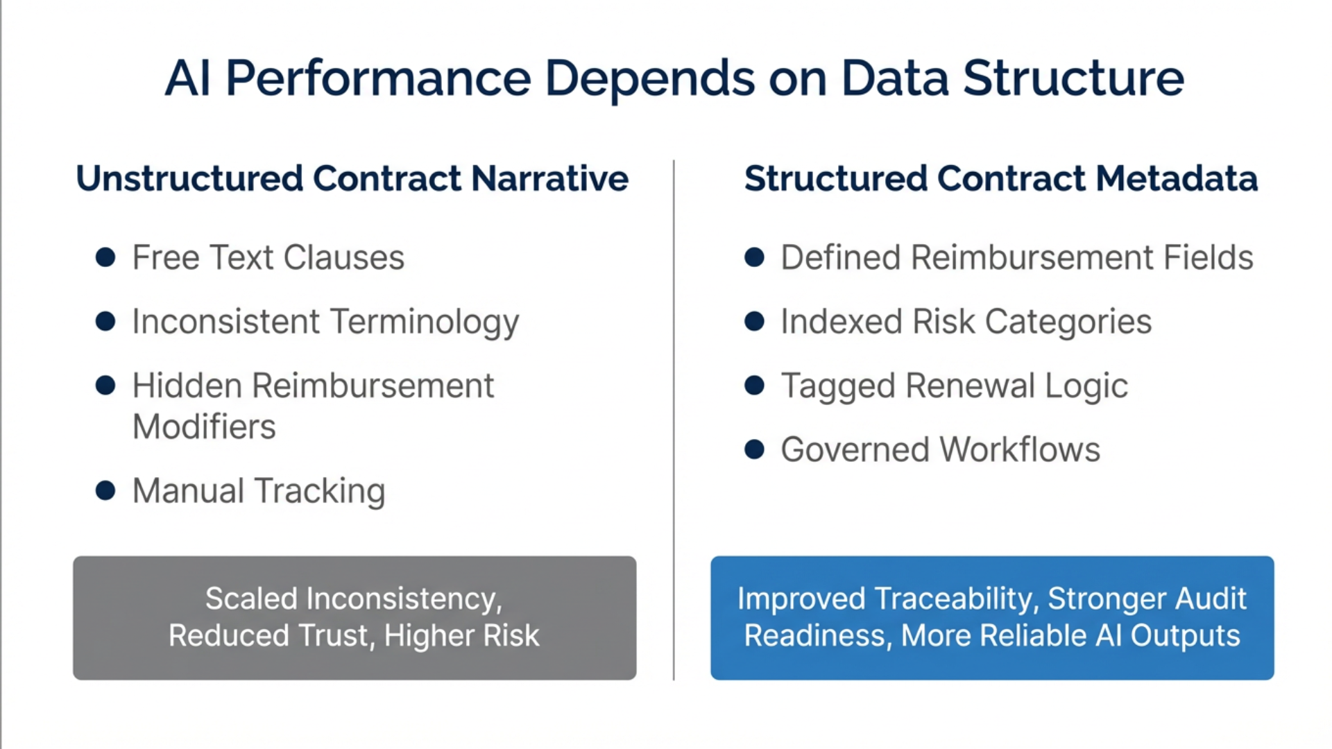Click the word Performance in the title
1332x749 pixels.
(x=378, y=78)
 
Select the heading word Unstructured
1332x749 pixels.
(x=189, y=178)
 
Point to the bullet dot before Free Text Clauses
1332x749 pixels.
(x=105, y=257)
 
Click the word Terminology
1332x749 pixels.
(x=424, y=322)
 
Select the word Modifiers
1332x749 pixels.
(x=204, y=427)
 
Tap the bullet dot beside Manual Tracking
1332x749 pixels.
(x=105, y=490)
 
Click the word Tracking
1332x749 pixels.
(x=319, y=491)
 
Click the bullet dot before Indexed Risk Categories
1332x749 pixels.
(x=754, y=322)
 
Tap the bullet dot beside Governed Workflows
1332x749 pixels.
(x=754, y=449)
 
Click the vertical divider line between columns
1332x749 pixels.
(x=674, y=416)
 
